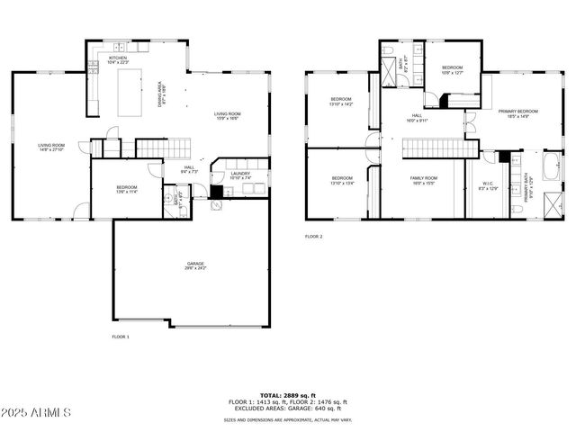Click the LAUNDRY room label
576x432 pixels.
[x=239, y=175]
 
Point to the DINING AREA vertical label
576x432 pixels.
[x=161, y=93]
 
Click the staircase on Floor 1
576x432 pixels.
[x=164, y=148]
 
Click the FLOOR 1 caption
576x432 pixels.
[x=121, y=336]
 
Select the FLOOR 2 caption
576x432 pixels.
[x=313, y=236]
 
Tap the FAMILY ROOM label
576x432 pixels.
[x=423, y=180]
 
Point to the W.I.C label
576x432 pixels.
[x=486, y=186]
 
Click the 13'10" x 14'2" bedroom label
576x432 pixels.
[x=341, y=101]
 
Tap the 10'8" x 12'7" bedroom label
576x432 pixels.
[x=452, y=70]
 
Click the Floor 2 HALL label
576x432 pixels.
[x=418, y=117]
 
